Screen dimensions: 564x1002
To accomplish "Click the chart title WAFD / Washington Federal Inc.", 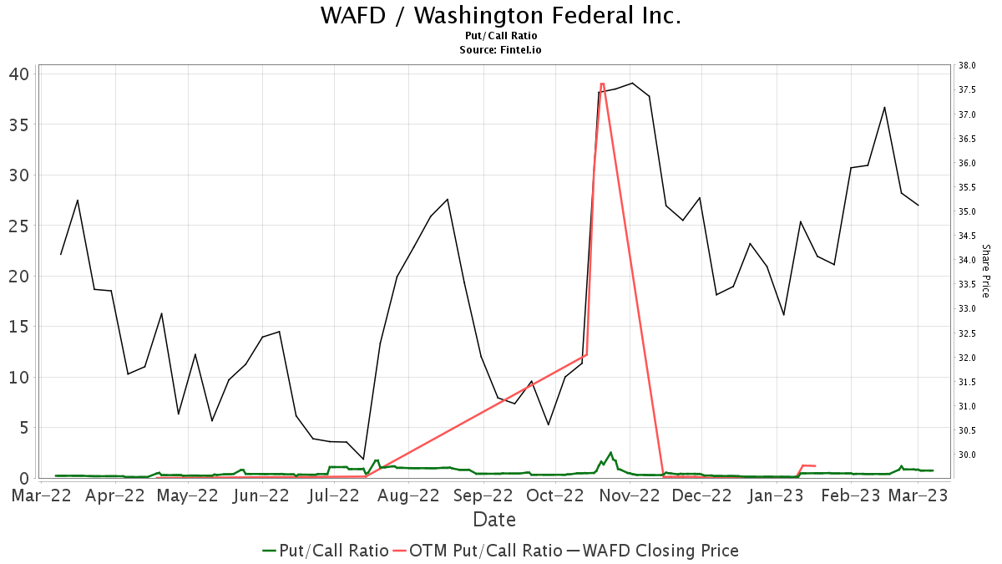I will point(501,16).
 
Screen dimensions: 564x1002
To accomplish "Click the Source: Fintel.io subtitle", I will point(501,50).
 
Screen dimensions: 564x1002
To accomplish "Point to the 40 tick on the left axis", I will point(18,74).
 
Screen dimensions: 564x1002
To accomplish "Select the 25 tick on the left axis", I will point(18,226).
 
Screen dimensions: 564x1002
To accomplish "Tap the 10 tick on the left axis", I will point(18,377).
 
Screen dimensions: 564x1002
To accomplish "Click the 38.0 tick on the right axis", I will point(967,65).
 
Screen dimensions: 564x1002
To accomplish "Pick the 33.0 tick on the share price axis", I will point(967,309).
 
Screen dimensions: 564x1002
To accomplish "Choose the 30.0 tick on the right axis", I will point(967,455).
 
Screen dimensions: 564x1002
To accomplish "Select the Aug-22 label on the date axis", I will point(408,495).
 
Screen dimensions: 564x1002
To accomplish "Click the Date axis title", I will point(494,520).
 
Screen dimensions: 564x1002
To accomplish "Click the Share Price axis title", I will point(985,271).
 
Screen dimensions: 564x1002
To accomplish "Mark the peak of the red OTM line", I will point(601,84).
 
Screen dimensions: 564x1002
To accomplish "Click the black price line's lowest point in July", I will point(363,460).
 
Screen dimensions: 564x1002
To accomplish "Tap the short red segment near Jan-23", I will point(807,465).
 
